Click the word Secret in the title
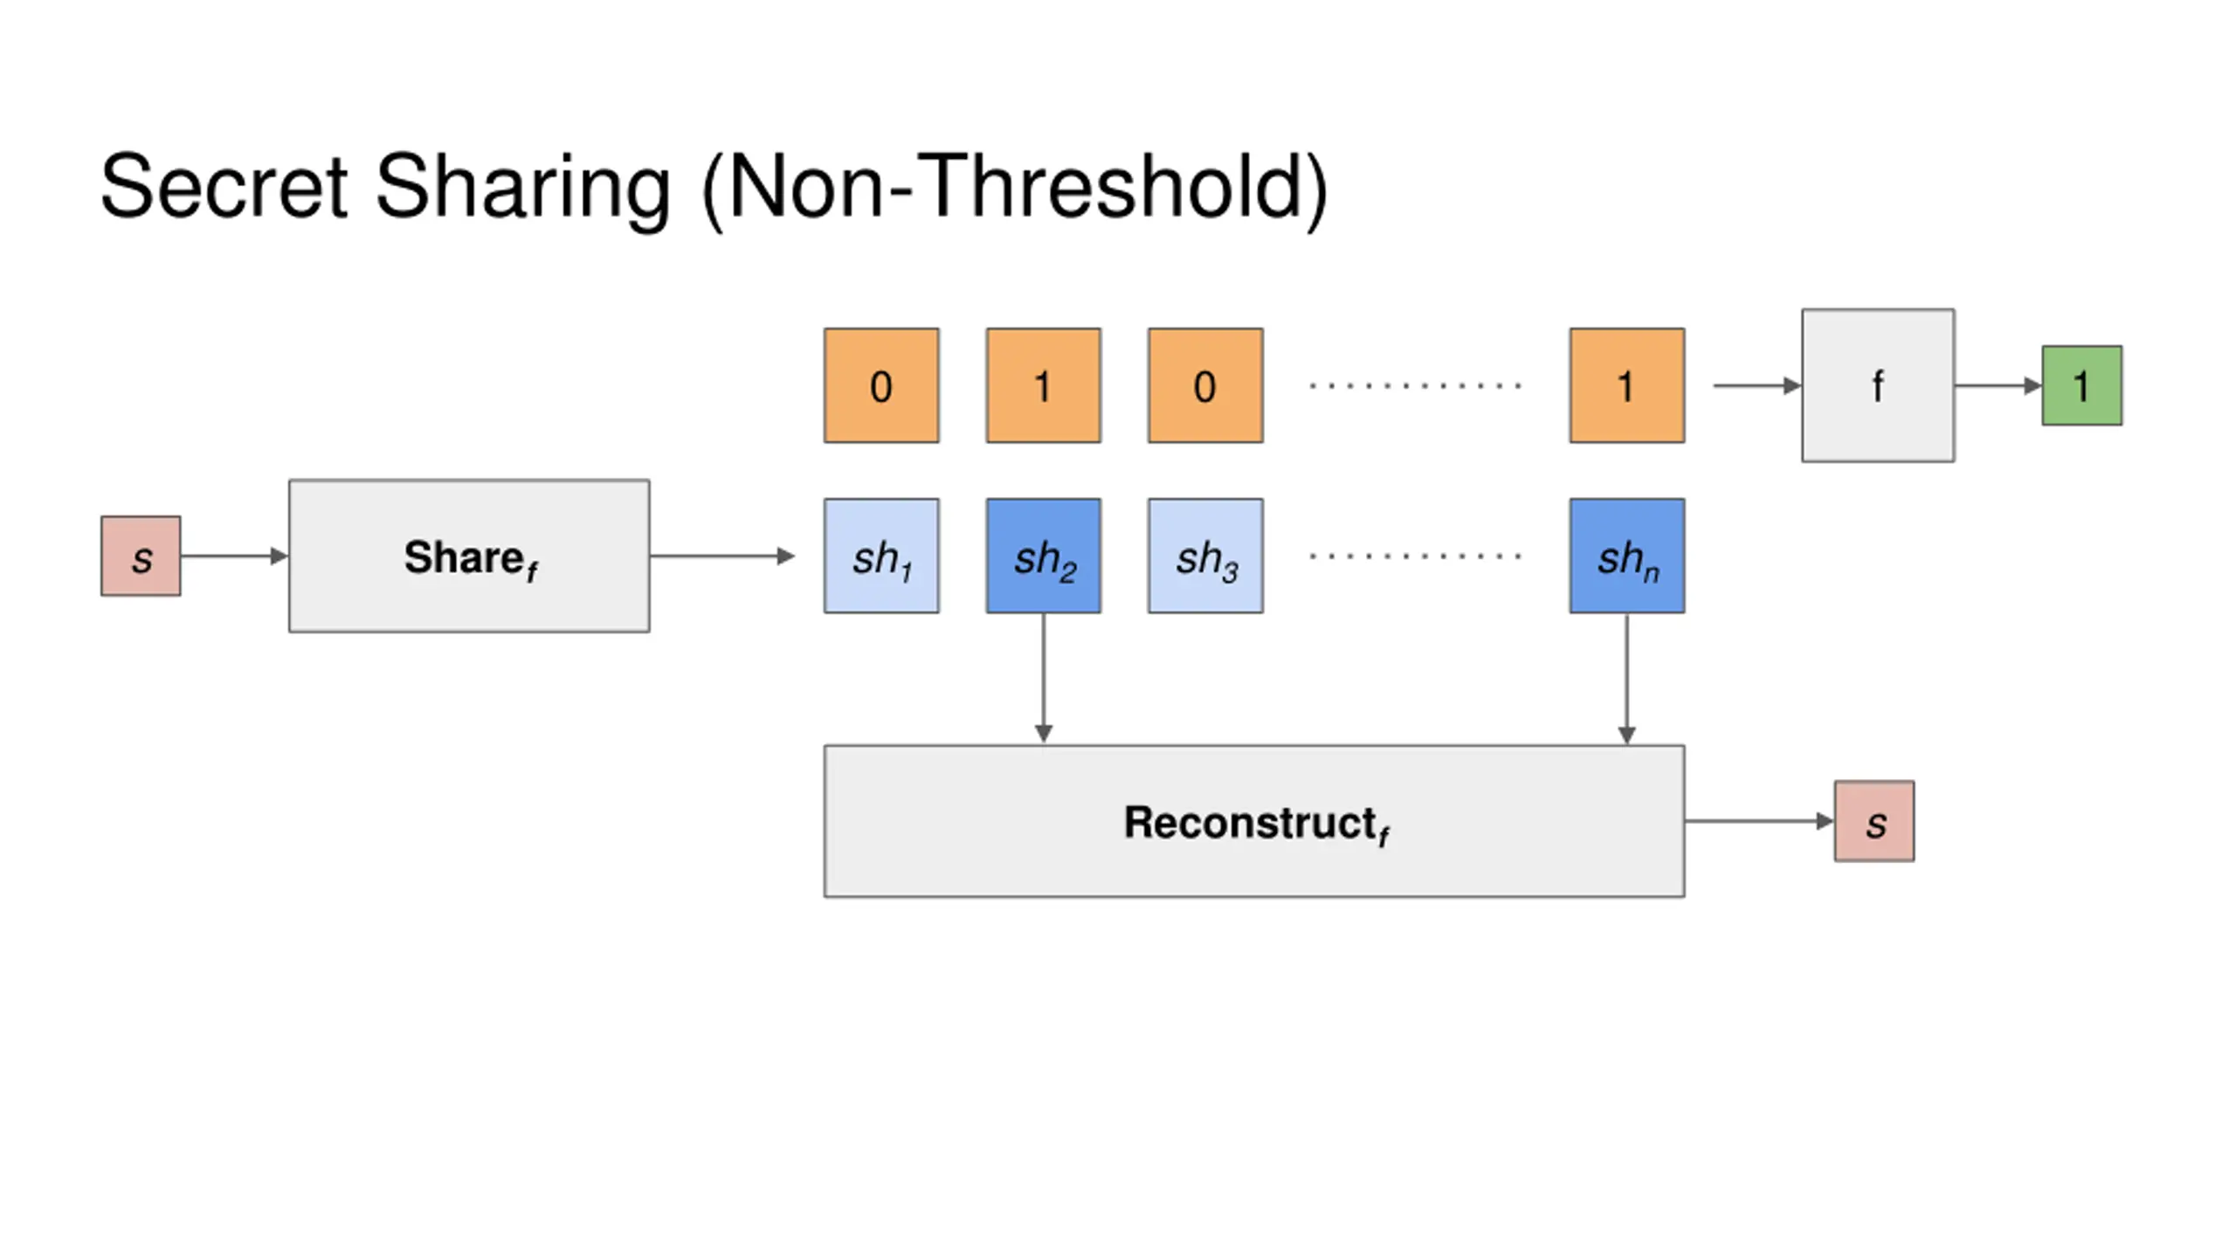point(224,186)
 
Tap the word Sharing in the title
point(523,190)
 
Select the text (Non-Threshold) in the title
point(1015,190)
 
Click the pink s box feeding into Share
point(141,556)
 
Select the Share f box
point(469,556)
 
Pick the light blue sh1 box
point(881,556)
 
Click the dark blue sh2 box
point(1044,556)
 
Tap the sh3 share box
point(1205,556)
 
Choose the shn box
point(1627,556)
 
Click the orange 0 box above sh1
point(881,385)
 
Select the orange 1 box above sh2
point(1044,385)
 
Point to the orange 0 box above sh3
point(1205,385)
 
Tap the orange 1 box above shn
point(1627,385)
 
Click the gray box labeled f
point(1878,385)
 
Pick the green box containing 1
point(2082,385)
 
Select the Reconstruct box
point(1254,821)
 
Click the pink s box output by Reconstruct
point(1874,821)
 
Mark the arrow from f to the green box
point(1998,385)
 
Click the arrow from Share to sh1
point(722,556)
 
